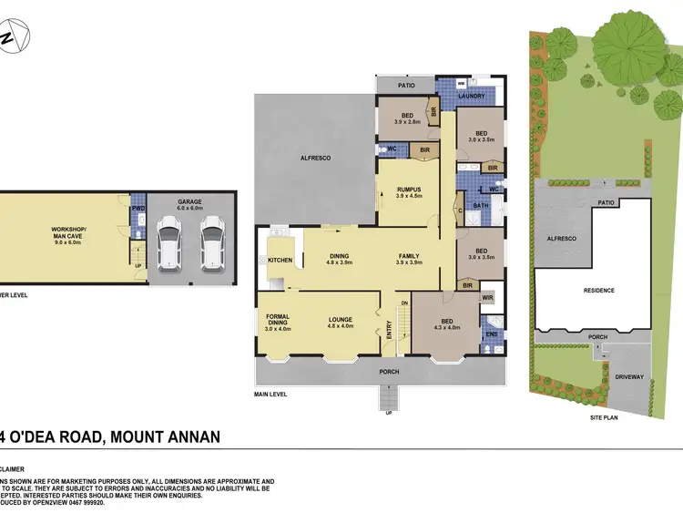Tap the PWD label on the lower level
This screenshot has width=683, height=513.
pos(138,208)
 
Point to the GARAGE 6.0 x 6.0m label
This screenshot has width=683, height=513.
pos(189,205)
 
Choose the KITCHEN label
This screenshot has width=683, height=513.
pos(281,261)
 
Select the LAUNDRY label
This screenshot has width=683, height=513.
pos(471,96)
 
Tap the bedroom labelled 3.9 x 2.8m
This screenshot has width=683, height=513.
pos(405,118)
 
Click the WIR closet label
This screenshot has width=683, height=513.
pos(487,297)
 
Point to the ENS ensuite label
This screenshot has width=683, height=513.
pos(491,335)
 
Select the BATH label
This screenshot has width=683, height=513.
pos(481,206)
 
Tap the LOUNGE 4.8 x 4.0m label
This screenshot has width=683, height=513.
pos(340,323)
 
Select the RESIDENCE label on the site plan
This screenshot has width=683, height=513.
pos(598,291)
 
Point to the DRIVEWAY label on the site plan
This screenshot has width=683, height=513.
pos(628,376)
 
